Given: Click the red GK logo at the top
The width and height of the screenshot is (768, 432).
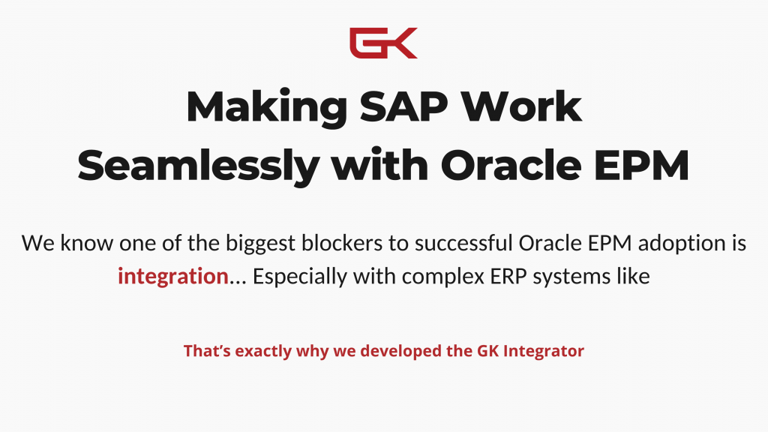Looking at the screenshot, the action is [383, 43].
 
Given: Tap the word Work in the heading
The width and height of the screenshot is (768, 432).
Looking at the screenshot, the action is [522, 106].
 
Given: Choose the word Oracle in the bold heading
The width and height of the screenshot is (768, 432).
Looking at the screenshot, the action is [511, 166].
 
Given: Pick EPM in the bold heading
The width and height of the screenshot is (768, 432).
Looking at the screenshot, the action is [642, 166].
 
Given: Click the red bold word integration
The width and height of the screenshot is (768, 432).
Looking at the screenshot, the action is [173, 277].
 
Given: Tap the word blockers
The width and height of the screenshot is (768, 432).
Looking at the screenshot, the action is [342, 243].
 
